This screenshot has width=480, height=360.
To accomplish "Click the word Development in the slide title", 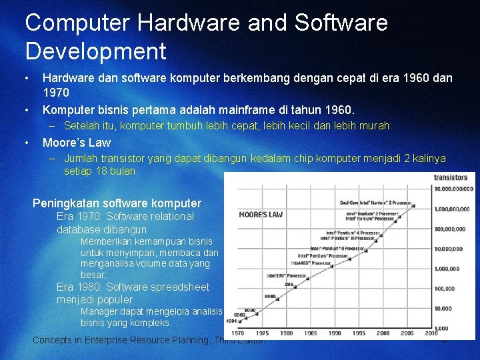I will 95,51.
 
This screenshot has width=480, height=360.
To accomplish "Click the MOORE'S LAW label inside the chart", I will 261,215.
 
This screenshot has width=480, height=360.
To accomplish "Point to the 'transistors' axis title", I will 451,177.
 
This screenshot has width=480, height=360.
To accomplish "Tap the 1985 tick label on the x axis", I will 311,333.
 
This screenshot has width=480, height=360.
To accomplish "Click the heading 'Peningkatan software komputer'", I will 117,203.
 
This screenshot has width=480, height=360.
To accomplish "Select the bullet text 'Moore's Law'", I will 77,142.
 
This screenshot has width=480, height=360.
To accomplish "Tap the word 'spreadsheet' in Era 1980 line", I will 180,287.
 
